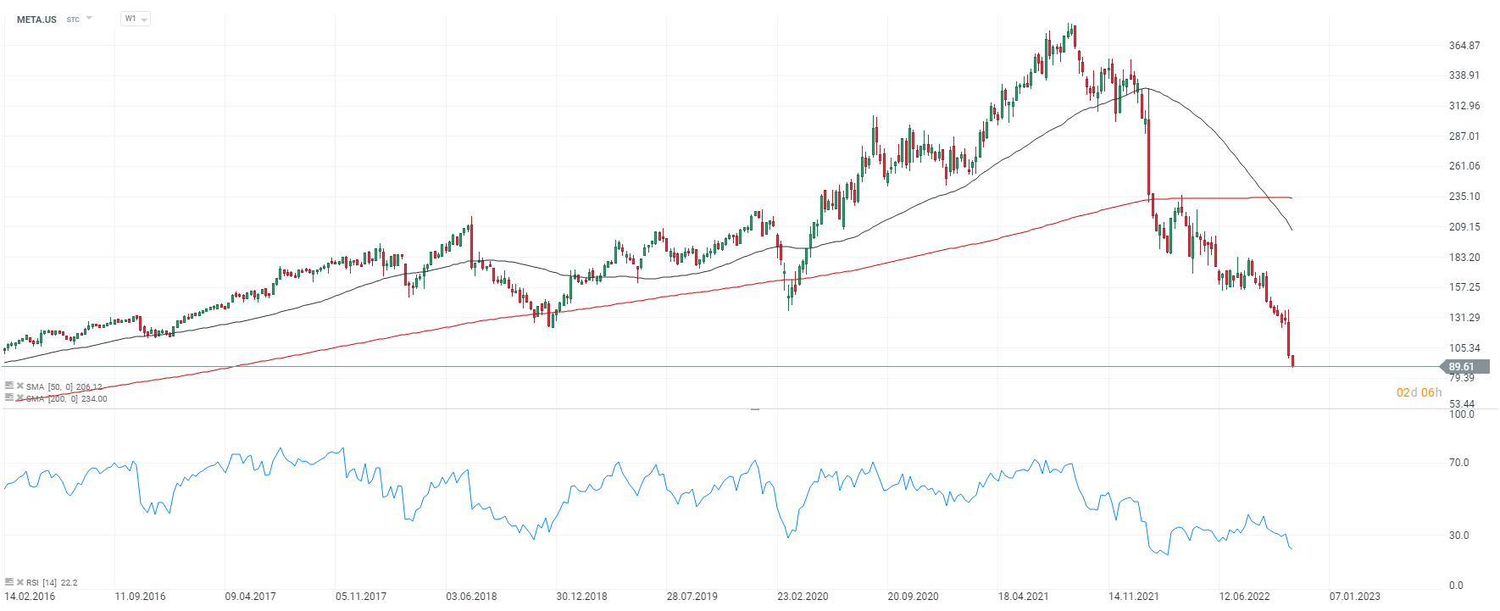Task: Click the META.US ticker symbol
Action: coord(36,19)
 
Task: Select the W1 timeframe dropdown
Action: coord(135,19)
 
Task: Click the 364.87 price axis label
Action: coord(1464,46)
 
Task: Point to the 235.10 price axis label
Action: coord(1464,197)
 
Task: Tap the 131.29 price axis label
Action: coord(1464,318)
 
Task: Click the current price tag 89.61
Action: coord(1462,367)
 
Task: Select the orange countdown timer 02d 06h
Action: coord(1419,392)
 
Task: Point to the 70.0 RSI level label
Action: coord(1458,463)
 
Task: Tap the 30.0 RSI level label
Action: coord(1458,536)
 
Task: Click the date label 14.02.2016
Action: coord(30,597)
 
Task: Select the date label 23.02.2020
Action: coord(803,597)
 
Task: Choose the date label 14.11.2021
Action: coord(1134,597)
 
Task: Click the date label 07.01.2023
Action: coord(1354,597)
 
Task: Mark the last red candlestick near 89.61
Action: coord(1292,361)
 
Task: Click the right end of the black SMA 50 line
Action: coord(1292,230)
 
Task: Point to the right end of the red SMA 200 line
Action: coord(1291,198)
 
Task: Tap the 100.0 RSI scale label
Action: coord(1461,414)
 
